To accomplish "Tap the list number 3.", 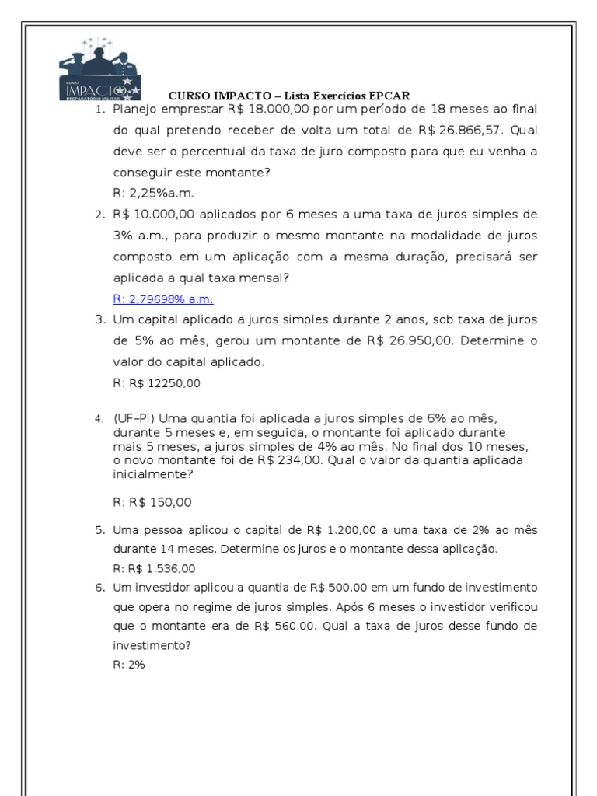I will [99, 319].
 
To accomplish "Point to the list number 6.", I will [99, 587].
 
